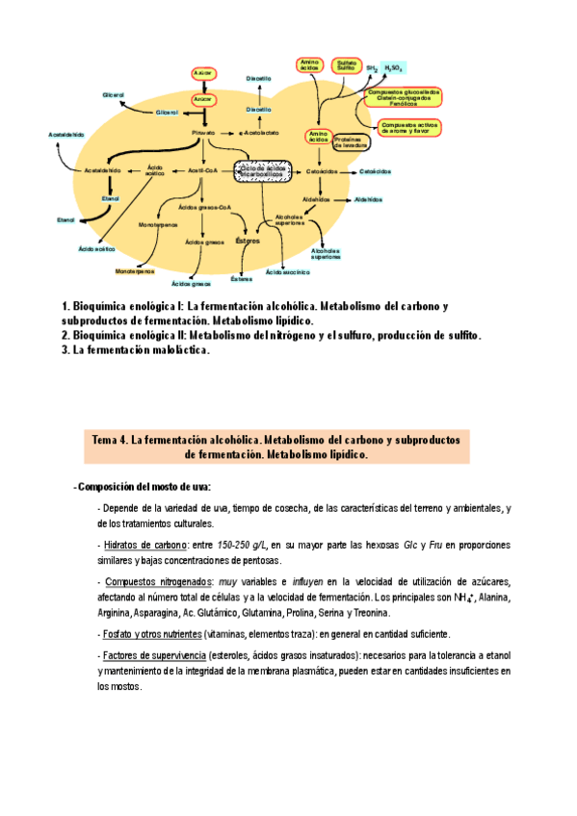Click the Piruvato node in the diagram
coord(203,132)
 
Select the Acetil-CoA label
coord(203,170)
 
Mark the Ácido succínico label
coord(285,273)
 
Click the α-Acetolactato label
coord(258,132)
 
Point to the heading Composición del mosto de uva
coord(144,486)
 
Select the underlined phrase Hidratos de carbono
coord(144,545)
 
